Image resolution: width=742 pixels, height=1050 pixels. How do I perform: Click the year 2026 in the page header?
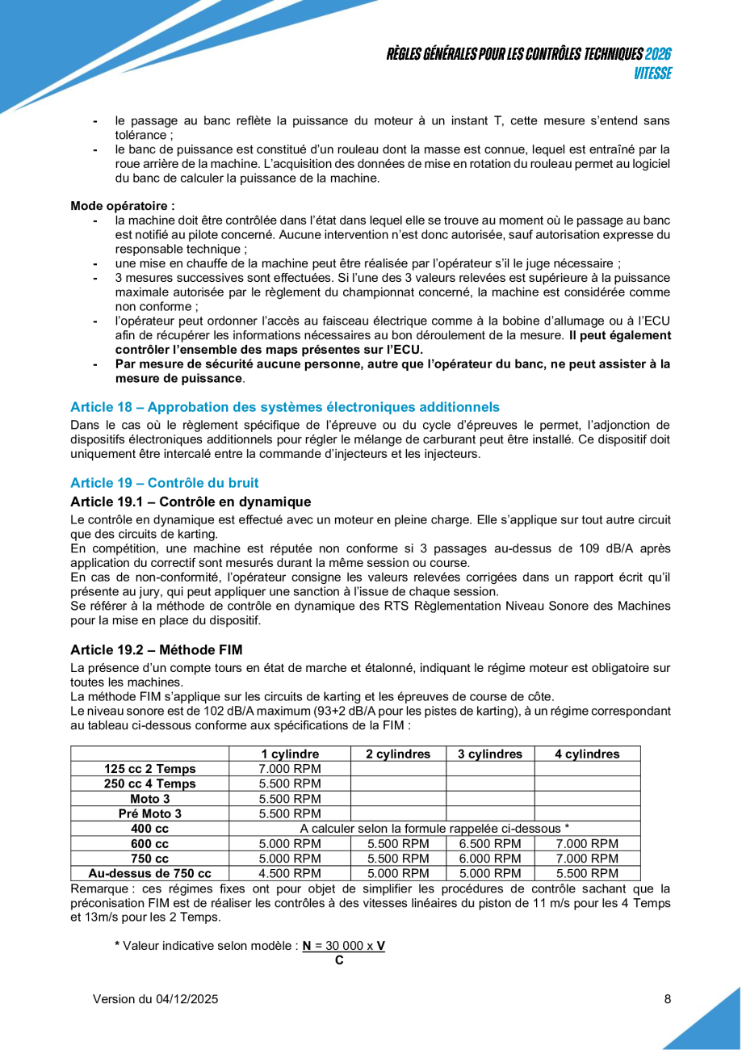tap(659, 54)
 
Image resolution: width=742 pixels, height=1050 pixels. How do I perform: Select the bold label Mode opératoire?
tap(123, 206)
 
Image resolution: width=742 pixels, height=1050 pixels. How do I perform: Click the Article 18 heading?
tap(285, 406)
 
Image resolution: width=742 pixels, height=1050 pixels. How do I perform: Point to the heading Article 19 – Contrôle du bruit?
tap(165, 482)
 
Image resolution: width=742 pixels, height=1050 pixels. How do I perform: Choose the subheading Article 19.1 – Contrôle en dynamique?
tap(191, 502)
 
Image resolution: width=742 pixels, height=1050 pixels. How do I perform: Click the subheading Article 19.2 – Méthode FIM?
tap(156, 649)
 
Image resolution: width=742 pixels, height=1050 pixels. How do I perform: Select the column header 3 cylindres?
tap(490, 754)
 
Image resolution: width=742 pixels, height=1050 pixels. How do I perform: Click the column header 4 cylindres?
tap(587, 754)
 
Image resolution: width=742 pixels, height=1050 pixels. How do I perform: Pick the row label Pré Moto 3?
tap(150, 813)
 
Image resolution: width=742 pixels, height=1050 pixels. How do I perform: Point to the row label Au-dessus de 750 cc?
tap(150, 873)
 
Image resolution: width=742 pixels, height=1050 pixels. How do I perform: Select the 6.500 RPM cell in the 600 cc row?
tap(490, 843)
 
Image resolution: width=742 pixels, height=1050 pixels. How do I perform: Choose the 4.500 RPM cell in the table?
tap(290, 873)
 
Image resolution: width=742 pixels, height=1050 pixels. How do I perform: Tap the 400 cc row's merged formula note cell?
tap(434, 829)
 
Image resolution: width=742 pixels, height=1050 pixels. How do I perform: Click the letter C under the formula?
tap(339, 960)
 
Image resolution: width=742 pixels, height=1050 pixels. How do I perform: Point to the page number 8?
tap(668, 999)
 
